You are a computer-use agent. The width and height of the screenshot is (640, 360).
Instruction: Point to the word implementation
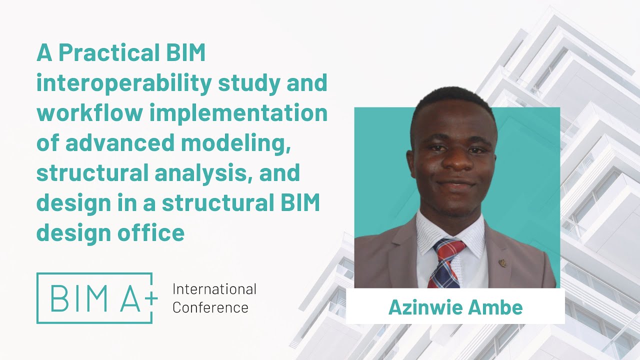point(238,114)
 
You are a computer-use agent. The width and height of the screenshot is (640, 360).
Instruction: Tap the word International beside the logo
point(214,289)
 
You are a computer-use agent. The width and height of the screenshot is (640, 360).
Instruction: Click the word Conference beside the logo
point(210,307)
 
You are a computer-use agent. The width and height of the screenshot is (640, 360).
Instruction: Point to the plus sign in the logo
point(150,298)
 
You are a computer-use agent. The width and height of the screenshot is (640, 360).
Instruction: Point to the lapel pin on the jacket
point(502,262)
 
